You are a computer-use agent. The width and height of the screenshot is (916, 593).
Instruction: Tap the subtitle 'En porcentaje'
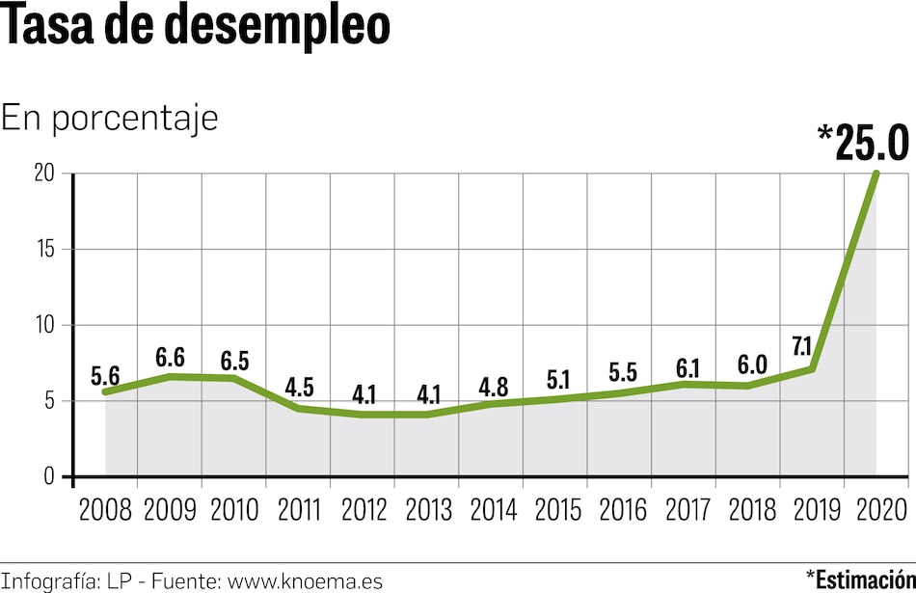click(110, 118)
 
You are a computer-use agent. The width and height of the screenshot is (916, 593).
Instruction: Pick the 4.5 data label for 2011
click(299, 388)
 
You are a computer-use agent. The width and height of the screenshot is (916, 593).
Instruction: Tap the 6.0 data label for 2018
click(751, 364)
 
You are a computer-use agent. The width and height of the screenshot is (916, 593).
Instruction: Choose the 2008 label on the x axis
click(105, 509)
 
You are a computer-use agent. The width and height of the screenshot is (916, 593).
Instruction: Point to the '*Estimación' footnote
click(865, 580)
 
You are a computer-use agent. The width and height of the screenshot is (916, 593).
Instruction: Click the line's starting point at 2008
click(105, 391)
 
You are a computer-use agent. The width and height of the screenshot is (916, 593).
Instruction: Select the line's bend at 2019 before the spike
click(813, 368)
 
